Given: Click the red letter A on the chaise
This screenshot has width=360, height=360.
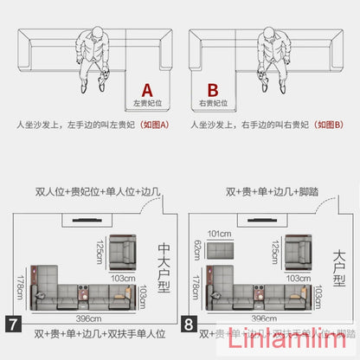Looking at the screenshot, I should tap(146, 89).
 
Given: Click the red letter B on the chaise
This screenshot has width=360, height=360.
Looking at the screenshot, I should tap(212, 89).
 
